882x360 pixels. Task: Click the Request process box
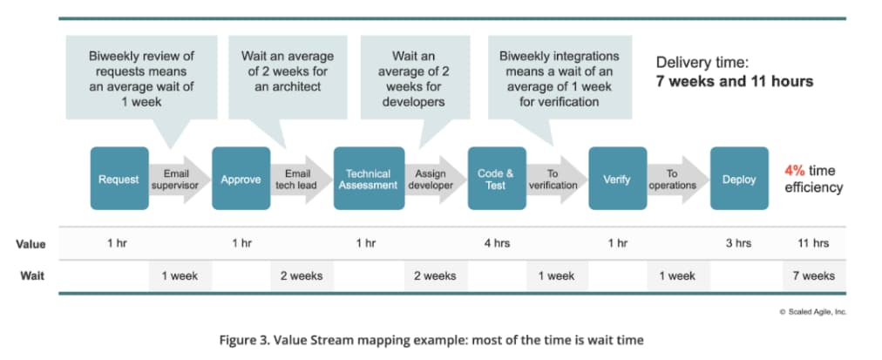point(119,179)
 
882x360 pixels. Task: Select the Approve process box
point(241,179)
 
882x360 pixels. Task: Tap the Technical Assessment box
point(367,179)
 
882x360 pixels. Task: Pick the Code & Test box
point(496,179)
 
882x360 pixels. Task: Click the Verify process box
point(617,179)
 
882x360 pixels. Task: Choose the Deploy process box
point(739,179)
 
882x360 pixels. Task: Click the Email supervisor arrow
point(178,179)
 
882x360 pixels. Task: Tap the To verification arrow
point(553,179)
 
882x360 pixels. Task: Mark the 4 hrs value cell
point(496,243)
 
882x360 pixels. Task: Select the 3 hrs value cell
point(738,243)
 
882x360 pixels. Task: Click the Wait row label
point(33,275)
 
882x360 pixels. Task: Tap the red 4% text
point(795,171)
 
